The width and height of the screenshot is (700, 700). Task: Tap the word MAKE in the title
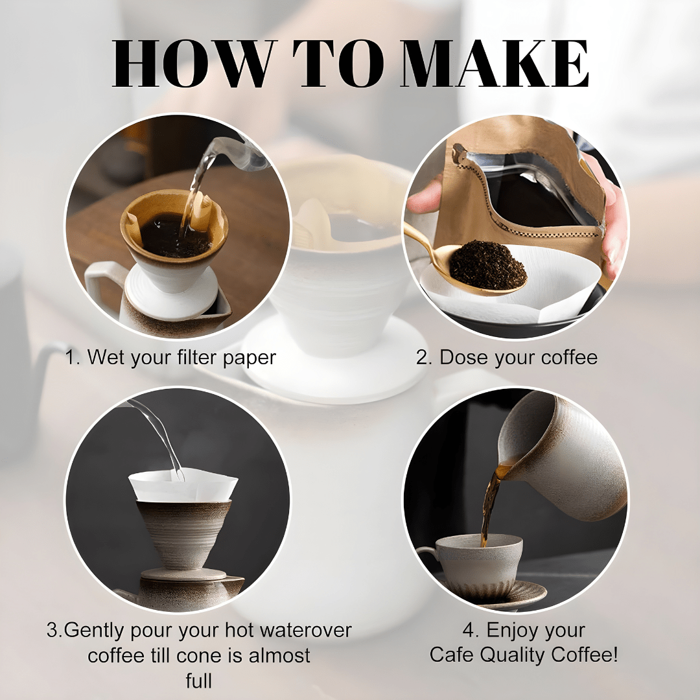click(495, 64)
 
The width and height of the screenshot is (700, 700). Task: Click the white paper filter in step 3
click(183, 485)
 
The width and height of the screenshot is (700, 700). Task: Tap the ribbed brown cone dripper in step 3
click(183, 533)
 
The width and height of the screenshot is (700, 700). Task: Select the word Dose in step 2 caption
click(461, 357)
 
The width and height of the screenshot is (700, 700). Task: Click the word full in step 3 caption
click(199, 681)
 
